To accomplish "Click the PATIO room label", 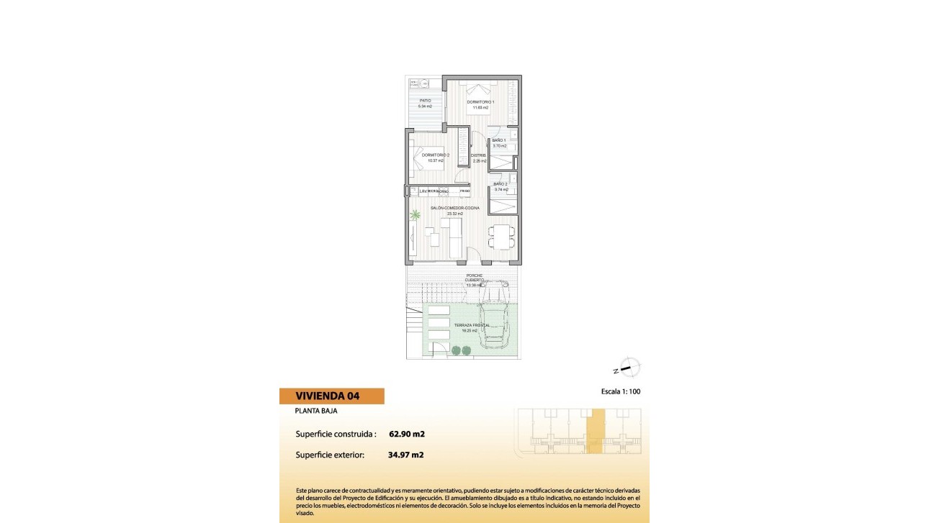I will (425, 101).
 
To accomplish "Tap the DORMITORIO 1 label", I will (480, 102).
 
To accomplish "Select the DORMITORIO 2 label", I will (435, 155).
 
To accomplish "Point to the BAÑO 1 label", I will (499, 140).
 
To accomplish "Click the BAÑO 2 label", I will (501, 184).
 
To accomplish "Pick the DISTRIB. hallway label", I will (478, 155).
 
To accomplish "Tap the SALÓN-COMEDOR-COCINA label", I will (454, 208).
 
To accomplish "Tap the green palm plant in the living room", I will (416, 215).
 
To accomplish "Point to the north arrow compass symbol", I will (629, 368).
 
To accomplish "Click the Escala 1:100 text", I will (620, 392).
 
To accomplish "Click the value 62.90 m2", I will (406, 434).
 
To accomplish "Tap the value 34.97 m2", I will (405, 455).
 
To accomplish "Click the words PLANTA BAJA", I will (316, 411).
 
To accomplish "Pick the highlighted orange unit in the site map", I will (595, 432).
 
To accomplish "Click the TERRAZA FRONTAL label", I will (472, 326).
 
